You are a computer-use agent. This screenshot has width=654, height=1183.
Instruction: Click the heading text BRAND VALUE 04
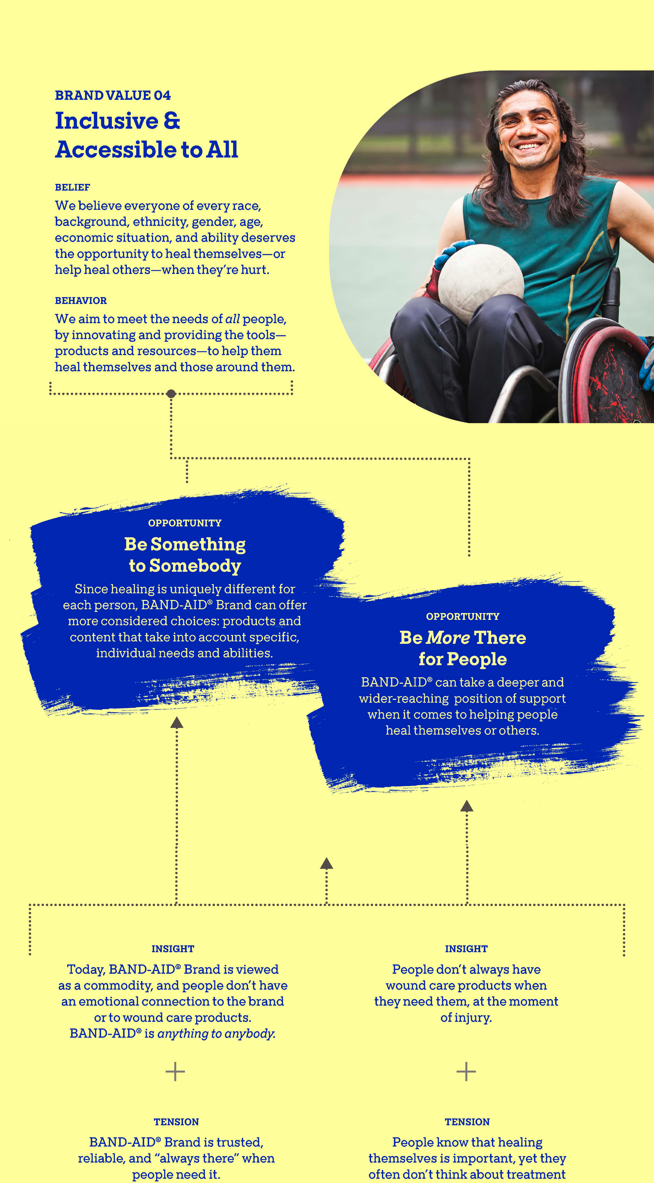tap(112, 95)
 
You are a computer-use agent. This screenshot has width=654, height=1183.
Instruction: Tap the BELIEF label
tap(72, 187)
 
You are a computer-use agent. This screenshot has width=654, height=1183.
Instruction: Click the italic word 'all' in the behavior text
tap(232, 319)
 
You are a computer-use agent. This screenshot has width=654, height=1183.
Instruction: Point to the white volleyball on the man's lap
tap(480, 280)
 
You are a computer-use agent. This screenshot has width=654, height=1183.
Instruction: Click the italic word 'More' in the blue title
tap(448, 638)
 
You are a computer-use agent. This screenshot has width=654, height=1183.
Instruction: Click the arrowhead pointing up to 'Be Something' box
tap(177, 723)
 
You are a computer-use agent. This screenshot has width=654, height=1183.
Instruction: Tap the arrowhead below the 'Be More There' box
tap(467, 806)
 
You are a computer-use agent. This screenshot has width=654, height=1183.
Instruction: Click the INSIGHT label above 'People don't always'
tap(466, 949)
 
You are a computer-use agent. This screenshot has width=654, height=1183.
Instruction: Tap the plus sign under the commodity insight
tap(175, 1071)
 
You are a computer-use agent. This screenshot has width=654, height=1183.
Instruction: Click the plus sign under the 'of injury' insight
tap(466, 1071)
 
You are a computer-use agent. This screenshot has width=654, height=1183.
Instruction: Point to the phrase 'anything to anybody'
tap(216, 1033)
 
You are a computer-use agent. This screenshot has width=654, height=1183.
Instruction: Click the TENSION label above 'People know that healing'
tap(467, 1122)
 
